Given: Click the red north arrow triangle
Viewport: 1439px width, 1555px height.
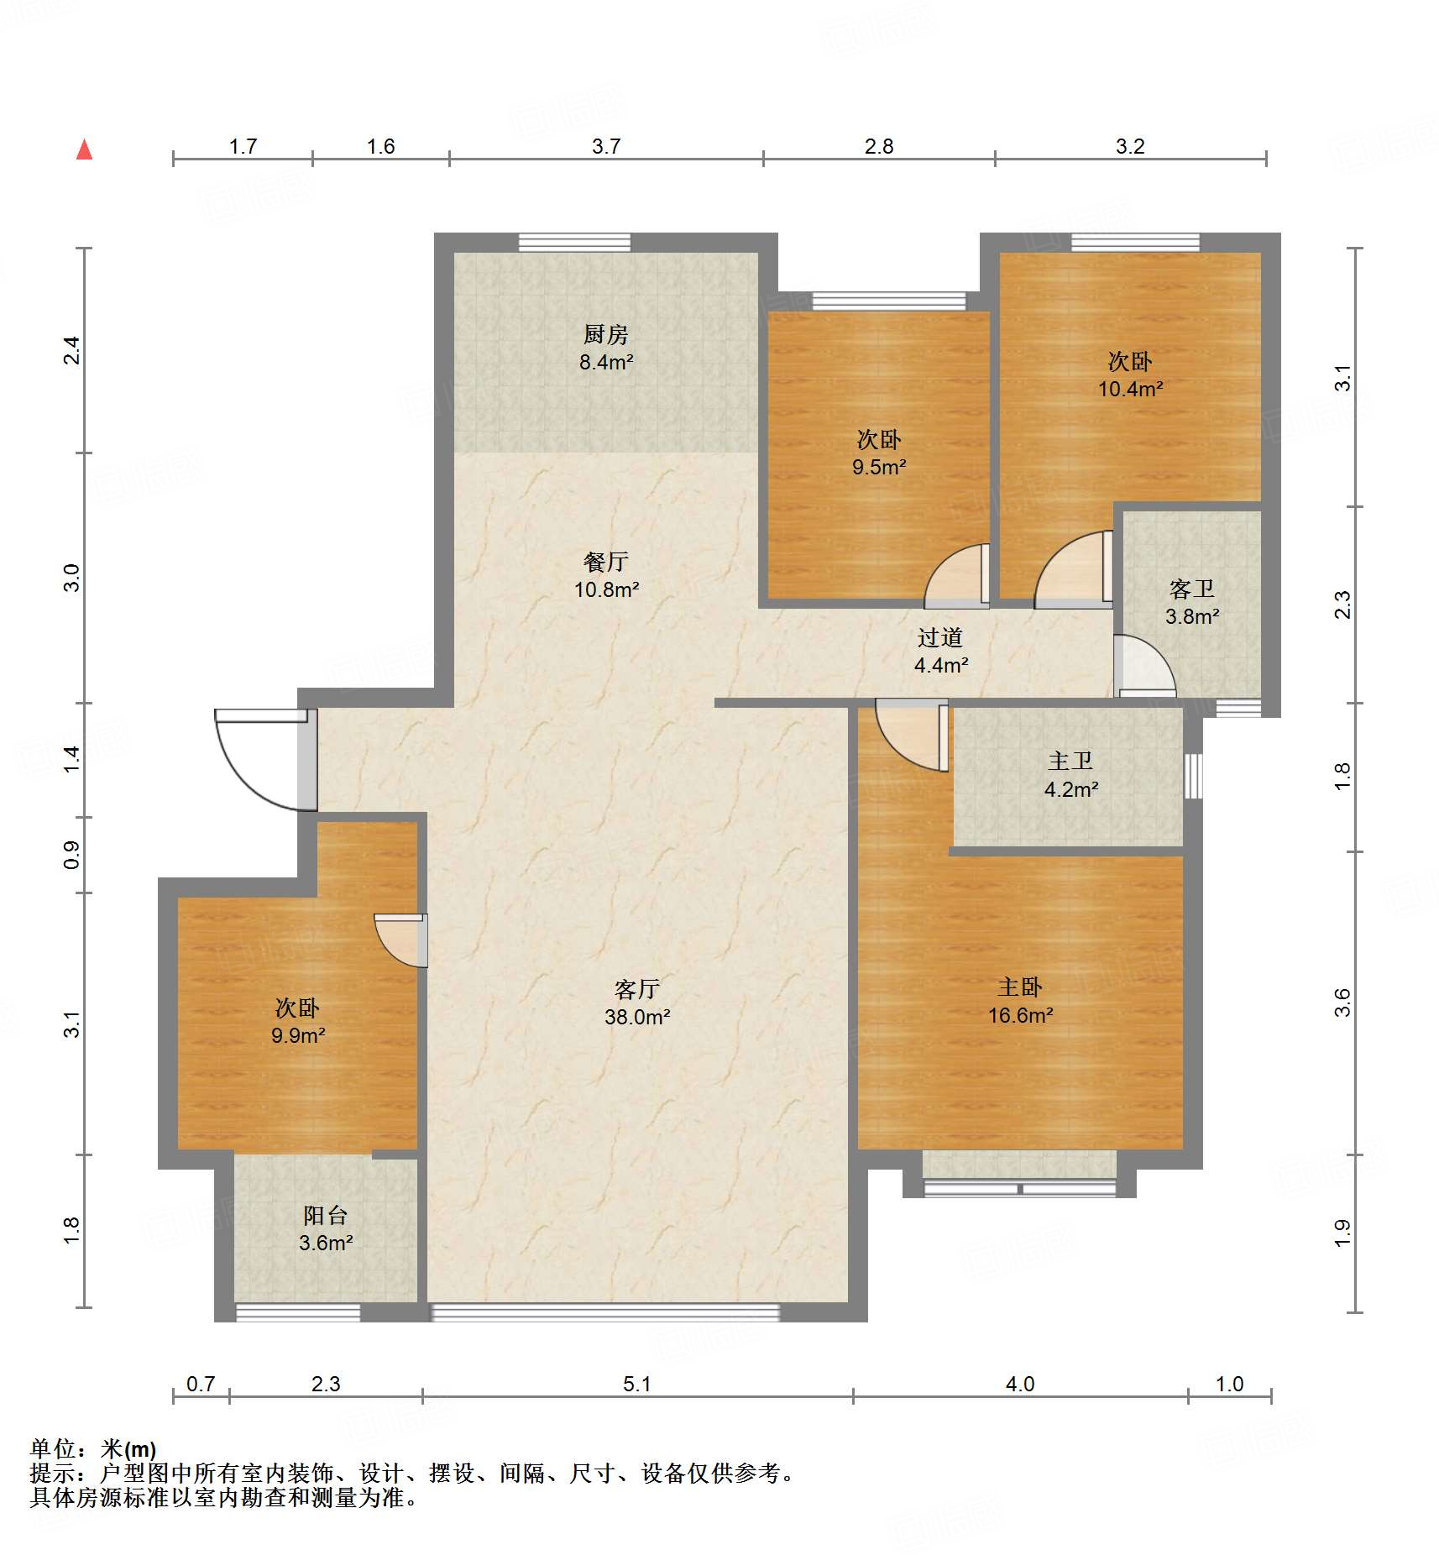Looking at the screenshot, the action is (84, 149).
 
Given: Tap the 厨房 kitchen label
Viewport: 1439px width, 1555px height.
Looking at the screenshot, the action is (605, 335).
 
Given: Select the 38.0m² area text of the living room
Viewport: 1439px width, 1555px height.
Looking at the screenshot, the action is (637, 1017).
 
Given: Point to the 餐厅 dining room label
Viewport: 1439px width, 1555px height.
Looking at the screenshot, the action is (605, 562).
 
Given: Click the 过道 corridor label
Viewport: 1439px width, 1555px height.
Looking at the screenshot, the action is (939, 637).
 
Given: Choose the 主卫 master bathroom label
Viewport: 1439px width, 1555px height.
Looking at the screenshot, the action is (1070, 761).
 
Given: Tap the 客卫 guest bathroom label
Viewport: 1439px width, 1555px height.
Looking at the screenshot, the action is (1192, 589).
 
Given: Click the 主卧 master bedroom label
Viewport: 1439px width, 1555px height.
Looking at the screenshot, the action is (1020, 987).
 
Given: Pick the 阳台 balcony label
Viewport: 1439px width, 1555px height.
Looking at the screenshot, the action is (326, 1215).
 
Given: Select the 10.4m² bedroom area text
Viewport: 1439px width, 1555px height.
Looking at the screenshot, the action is (1131, 389).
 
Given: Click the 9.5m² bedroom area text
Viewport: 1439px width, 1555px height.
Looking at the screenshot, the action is (879, 467).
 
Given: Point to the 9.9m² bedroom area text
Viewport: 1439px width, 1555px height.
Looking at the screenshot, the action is (298, 1035).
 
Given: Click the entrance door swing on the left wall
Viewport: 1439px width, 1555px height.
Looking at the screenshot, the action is (265, 760).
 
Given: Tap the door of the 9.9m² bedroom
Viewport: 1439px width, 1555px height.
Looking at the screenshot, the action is (401, 940).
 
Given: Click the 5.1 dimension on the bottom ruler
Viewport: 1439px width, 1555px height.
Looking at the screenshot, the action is (637, 1384).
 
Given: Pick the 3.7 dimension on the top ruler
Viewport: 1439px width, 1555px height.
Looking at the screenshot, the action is (606, 146).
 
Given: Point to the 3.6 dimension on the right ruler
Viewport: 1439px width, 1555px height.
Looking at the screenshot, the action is (1342, 1003).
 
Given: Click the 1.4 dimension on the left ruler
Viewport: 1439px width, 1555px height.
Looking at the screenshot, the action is (71, 759).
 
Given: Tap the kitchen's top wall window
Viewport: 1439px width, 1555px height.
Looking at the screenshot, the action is (574, 243).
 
